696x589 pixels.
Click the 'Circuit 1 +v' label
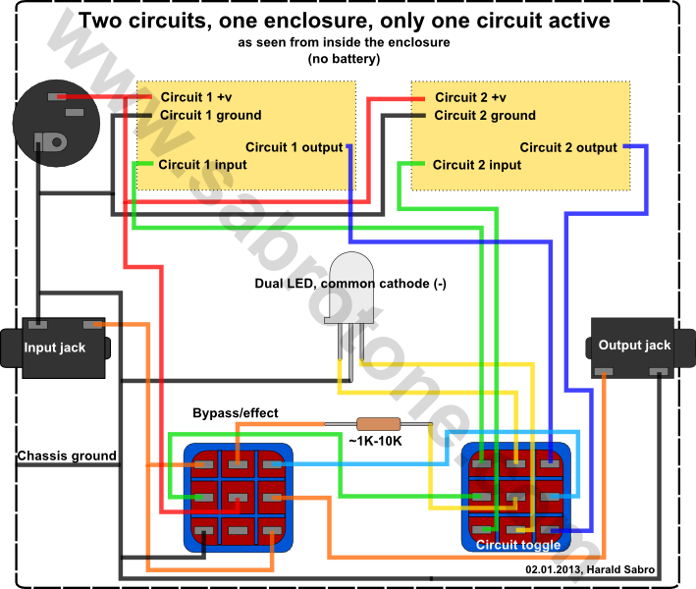(x=195, y=97)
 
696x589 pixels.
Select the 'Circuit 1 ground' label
(x=210, y=115)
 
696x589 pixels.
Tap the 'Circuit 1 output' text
(x=294, y=147)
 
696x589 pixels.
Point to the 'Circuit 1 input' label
(x=202, y=165)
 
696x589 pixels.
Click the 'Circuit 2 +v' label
(x=470, y=97)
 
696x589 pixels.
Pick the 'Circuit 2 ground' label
(x=485, y=116)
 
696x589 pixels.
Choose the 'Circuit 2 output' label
(x=568, y=147)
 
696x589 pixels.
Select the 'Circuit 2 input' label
(x=477, y=165)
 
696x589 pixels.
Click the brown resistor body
(x=379, y=424)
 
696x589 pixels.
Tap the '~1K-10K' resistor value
(x=375, y=441)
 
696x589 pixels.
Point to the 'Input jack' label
(x=55, y=348)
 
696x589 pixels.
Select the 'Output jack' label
(x=634, y=345)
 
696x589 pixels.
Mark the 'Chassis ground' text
(x=67, y=455)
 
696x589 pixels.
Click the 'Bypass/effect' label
(x=236, y=413)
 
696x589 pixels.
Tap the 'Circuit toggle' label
(x=518, y=545)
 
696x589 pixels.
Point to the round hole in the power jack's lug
(x=57, y=142)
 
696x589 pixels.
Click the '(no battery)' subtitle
(x=344, y=59)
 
